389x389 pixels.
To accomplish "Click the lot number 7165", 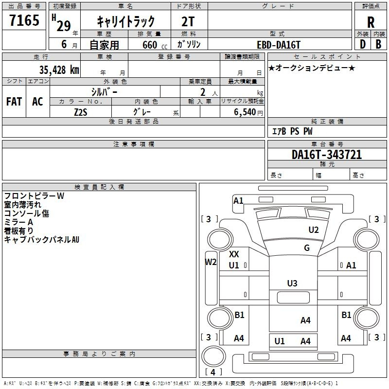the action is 24,20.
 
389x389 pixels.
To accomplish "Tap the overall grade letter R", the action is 371,22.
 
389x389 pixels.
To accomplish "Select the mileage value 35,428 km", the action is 59,70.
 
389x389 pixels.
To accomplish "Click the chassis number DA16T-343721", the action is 327,155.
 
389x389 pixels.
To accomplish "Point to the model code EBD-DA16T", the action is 279,45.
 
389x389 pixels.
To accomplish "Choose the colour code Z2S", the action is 81,112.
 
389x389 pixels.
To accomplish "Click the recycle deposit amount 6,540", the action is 245,112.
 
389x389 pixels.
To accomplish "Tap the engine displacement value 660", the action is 150,45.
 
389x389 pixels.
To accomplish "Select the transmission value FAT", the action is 14,102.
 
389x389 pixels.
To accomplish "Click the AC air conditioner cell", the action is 38,102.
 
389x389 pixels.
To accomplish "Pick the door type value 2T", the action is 188,21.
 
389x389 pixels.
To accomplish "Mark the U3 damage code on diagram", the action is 292,283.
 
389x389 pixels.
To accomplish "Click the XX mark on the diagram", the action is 234,254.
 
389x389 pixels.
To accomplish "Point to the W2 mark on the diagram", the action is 211,262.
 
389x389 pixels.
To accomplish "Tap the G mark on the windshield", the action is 307,248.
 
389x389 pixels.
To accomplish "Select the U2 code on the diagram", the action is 314,230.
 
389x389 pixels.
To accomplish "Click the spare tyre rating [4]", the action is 213,372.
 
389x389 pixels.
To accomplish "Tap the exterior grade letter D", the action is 363,44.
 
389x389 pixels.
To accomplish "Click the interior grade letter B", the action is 378,44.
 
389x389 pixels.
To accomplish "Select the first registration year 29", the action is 64,26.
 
